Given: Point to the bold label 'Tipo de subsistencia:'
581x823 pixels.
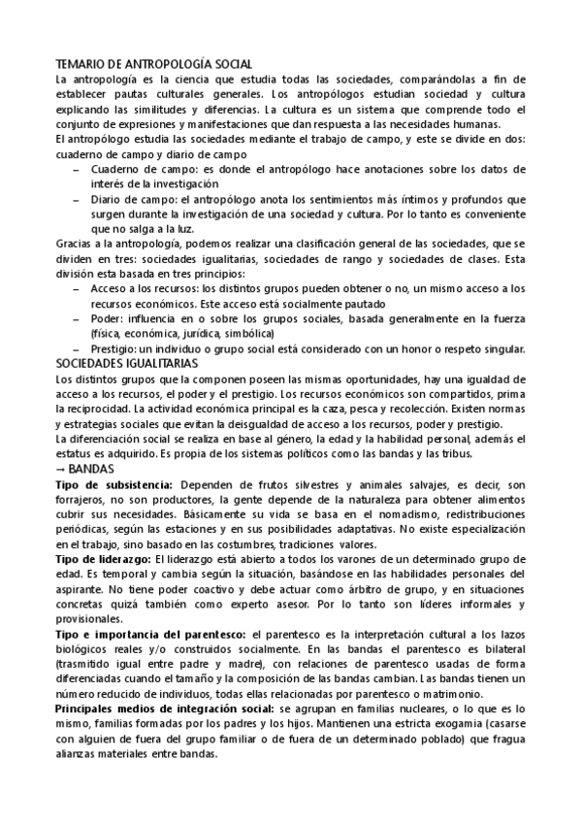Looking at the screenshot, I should coord(114,483).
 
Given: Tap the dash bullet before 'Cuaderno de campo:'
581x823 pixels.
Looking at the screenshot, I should coord(78,168).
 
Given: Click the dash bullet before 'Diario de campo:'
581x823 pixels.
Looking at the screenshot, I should coord(78,198).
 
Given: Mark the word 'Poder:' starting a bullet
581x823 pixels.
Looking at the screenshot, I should coord(106,318).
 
